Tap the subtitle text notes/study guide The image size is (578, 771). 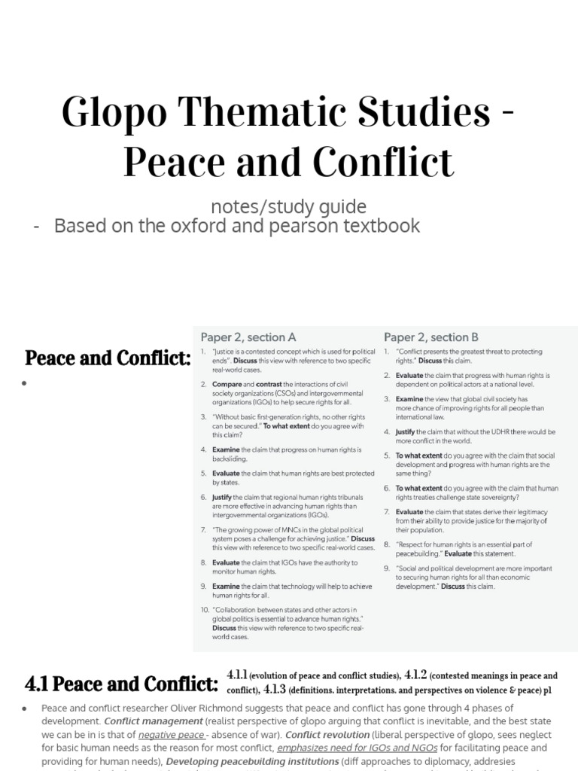tap(288, 206)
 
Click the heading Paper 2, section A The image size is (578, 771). tap(248, 337)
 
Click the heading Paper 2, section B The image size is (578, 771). tap(431, 337)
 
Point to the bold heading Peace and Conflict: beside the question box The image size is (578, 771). tap(108, 358)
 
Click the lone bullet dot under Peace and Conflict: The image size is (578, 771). tap(25, 383)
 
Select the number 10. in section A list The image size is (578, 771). tap(205, 609)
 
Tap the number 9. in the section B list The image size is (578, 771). tap(387, 568)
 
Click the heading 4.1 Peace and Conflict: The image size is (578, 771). tap(121, 684)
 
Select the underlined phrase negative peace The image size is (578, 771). tap(171, 735)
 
